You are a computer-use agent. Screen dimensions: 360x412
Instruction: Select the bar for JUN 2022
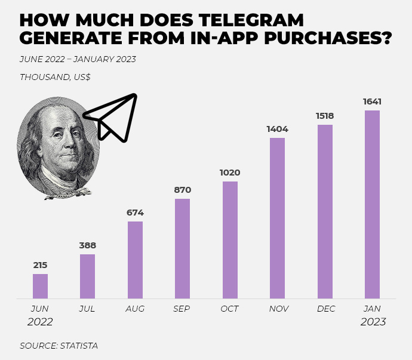[x=40, y=286]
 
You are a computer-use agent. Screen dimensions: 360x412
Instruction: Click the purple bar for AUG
[x=135, y=260]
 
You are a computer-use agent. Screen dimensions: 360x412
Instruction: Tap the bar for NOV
[x=277, y=218]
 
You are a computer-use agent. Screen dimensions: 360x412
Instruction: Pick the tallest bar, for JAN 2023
[x=372, y=204]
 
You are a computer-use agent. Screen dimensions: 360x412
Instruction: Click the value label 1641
[x=372, y=101]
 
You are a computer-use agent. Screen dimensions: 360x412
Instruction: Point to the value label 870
[x=182, y=190]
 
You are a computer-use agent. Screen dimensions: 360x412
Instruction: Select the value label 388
[x=87, y=245]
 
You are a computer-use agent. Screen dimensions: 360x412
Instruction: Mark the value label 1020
[x=230, y=173]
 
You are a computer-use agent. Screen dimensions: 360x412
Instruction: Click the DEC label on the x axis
[x=326, y=309]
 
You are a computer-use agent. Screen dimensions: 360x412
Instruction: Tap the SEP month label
[x=182, y=309]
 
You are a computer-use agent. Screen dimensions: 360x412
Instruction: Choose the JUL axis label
[x=87, y=309]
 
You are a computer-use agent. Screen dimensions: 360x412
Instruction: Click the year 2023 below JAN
[x=373, y=322]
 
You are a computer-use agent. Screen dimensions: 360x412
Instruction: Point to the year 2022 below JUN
[x=40, y=322]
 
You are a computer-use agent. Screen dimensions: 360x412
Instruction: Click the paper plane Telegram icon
[x=113, y=116]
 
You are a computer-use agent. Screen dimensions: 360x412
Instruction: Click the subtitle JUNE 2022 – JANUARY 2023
[x=78, y=59]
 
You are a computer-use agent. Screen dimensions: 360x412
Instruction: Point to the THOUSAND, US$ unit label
[x=55, y=77]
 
